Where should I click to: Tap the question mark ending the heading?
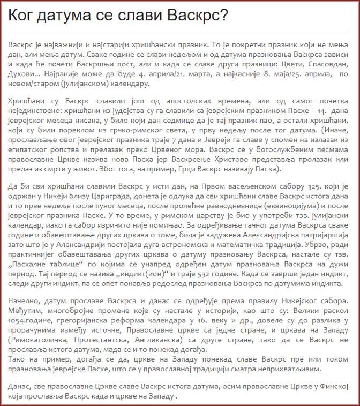(x=223, y=15)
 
